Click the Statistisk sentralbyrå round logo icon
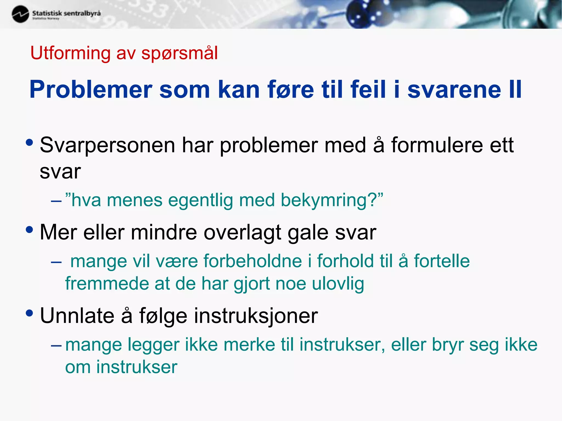(20, 14)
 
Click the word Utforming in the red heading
(70, 53)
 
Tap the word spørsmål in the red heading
(179, 53)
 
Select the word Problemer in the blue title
(91, 89)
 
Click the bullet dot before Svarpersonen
(29, 143)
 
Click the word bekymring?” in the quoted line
(332, 200)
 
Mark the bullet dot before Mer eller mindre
(29, 230)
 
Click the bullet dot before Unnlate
(29, 313)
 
